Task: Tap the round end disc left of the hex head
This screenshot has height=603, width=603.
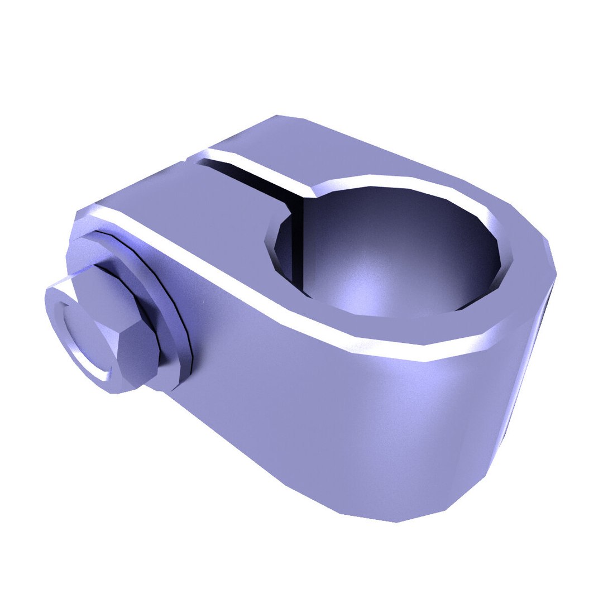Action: coord(84,335)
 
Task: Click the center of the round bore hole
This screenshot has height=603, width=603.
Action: coord(391,251)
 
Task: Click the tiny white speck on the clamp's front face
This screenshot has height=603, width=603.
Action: coord(204,302)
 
